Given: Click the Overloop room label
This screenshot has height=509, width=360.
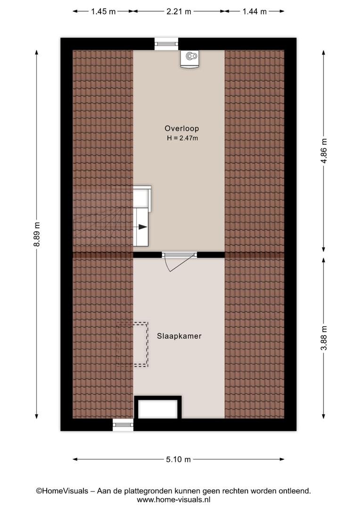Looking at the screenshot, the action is tap(181, 128).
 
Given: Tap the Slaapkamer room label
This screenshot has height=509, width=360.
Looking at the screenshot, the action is tap(179, 336).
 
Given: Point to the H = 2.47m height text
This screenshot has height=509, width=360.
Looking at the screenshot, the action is tap(182, 138).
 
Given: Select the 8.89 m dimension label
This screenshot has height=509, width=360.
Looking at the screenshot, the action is tap(37, 234).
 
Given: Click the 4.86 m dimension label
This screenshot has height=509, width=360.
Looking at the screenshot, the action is tap(324, 151).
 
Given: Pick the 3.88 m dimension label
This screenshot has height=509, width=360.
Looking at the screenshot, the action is tap(324, 338).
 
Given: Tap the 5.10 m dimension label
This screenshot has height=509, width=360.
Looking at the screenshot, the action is tap(179, 460).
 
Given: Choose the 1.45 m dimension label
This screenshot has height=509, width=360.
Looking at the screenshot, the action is tap(103, 11).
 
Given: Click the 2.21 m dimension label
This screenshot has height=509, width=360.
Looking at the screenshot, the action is tap(179, 11).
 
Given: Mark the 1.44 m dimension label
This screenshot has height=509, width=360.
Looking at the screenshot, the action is tap(254, 11).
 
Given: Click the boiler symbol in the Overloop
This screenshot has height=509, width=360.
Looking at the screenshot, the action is tap(189, 59).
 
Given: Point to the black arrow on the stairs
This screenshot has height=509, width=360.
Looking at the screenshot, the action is tap(143, 227).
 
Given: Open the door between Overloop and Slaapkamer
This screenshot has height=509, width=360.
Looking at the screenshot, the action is tap(179, 261).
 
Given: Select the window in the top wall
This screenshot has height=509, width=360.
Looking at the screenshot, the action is tap(166, 44).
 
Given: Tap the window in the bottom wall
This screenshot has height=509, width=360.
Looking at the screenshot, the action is tap(123, 425).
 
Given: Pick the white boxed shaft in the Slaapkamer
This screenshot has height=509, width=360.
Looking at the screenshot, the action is tap(158, 408).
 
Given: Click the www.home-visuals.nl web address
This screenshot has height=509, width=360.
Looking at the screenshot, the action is tap(174, 500).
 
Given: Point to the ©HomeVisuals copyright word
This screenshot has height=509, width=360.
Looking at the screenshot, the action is tap(62, 491).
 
